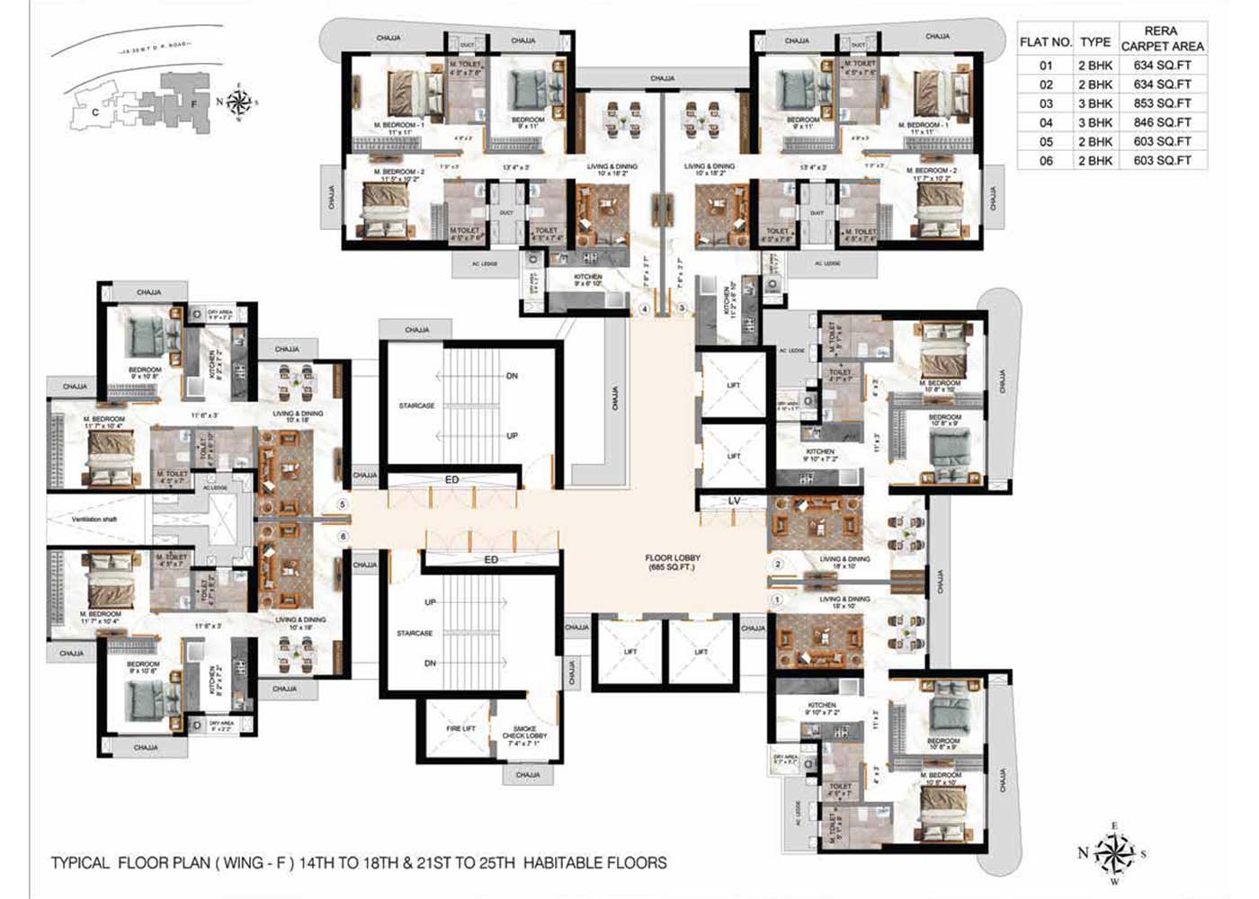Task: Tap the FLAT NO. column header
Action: (1046, 42)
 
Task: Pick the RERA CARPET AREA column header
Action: (1162, 38)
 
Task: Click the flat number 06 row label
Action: (1046, 161)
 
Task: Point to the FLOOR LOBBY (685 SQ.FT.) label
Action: (673, 563)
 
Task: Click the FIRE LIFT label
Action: (460, 728)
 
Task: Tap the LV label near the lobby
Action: (734, 501)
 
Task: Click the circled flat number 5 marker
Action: (342, 505)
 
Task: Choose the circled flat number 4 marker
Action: (644, 309)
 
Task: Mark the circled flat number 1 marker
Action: (779, 599)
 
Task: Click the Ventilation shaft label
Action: (95, 520)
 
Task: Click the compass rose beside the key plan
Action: (239, 101)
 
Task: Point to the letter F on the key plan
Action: (193, 102)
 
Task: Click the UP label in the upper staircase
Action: (512, 436)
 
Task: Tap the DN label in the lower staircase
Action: (430, 663)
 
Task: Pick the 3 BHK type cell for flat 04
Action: (1095, 122)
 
